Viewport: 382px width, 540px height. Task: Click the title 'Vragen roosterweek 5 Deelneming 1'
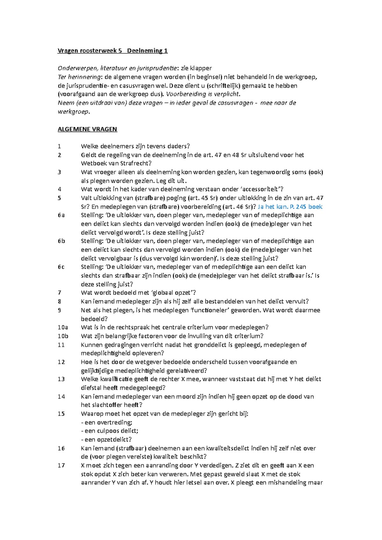(112, 51)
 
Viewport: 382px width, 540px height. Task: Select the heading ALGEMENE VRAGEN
(87, 129)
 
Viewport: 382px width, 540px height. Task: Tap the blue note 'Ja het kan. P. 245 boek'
(290, 207)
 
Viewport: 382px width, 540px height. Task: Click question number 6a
(61, 215)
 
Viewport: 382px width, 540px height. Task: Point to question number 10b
(63, 336)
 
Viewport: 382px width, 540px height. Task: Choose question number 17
(61, 466)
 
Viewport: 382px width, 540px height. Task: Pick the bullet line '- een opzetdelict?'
(106, 440)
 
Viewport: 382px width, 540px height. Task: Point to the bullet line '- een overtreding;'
(107, 422)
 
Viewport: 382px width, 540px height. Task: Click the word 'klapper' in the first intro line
(201, 68)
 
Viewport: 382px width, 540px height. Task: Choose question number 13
(61, 379)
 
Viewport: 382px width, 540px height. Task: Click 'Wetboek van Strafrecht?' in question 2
(116, 163)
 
